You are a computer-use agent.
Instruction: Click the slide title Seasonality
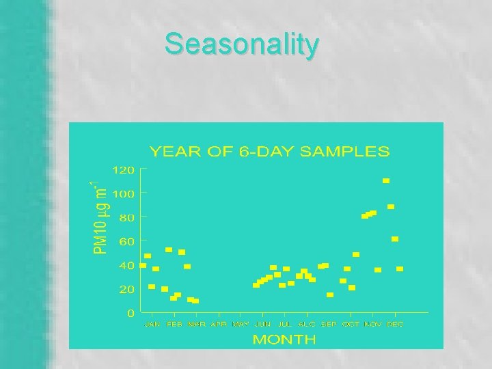point(241,45)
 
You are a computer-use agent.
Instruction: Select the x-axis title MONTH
point(284,339)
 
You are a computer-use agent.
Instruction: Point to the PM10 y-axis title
point(100,215)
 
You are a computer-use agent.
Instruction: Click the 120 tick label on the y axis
point(124,169)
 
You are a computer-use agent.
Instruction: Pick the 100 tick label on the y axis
point(124,193)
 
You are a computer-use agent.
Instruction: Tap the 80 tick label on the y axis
point(126,217)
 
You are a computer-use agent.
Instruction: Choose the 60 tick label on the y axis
point(126,241)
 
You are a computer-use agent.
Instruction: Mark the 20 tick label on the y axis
point(126,289)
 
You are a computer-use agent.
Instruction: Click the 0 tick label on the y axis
point(130,313)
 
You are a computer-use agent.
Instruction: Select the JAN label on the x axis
point(152,324)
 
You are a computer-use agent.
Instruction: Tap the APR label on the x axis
point(219,324)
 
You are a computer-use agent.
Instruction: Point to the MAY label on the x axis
point(241,324)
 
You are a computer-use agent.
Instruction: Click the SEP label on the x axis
point(329,324)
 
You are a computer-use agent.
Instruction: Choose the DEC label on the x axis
point(395,324)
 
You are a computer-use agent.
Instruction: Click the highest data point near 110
point(386,181)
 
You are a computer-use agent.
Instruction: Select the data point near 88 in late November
point(391,206)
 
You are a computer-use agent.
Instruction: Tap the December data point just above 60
point(395,239)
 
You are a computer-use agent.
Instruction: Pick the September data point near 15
point(330,295)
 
